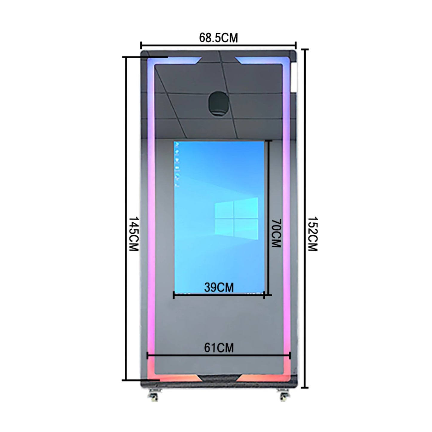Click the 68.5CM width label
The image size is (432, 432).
click(x=218, y=38)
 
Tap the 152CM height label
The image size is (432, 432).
click(x=312, y=234)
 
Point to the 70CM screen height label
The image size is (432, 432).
click(x=276, y=233)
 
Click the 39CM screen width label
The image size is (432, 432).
click(x=219, y=288)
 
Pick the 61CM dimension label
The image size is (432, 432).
click(x=219, y=348)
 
